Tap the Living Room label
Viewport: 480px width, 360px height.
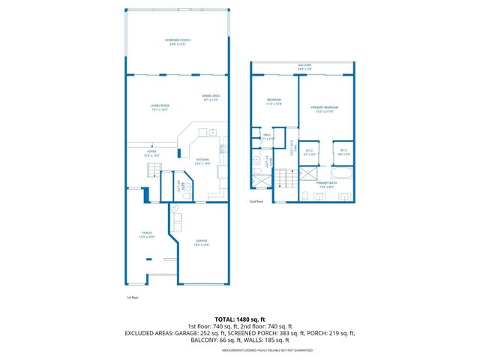click(159, 107)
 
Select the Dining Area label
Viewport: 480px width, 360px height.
click(211, 97)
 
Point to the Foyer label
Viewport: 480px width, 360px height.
click(151, 153)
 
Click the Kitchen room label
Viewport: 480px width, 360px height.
click(202, 160)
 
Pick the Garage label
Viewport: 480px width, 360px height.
click(201, 241)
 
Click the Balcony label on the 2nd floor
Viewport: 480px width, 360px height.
click(304, 66)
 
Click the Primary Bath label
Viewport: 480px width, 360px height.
click(325, 184)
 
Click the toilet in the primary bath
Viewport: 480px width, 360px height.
click(307, 196)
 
